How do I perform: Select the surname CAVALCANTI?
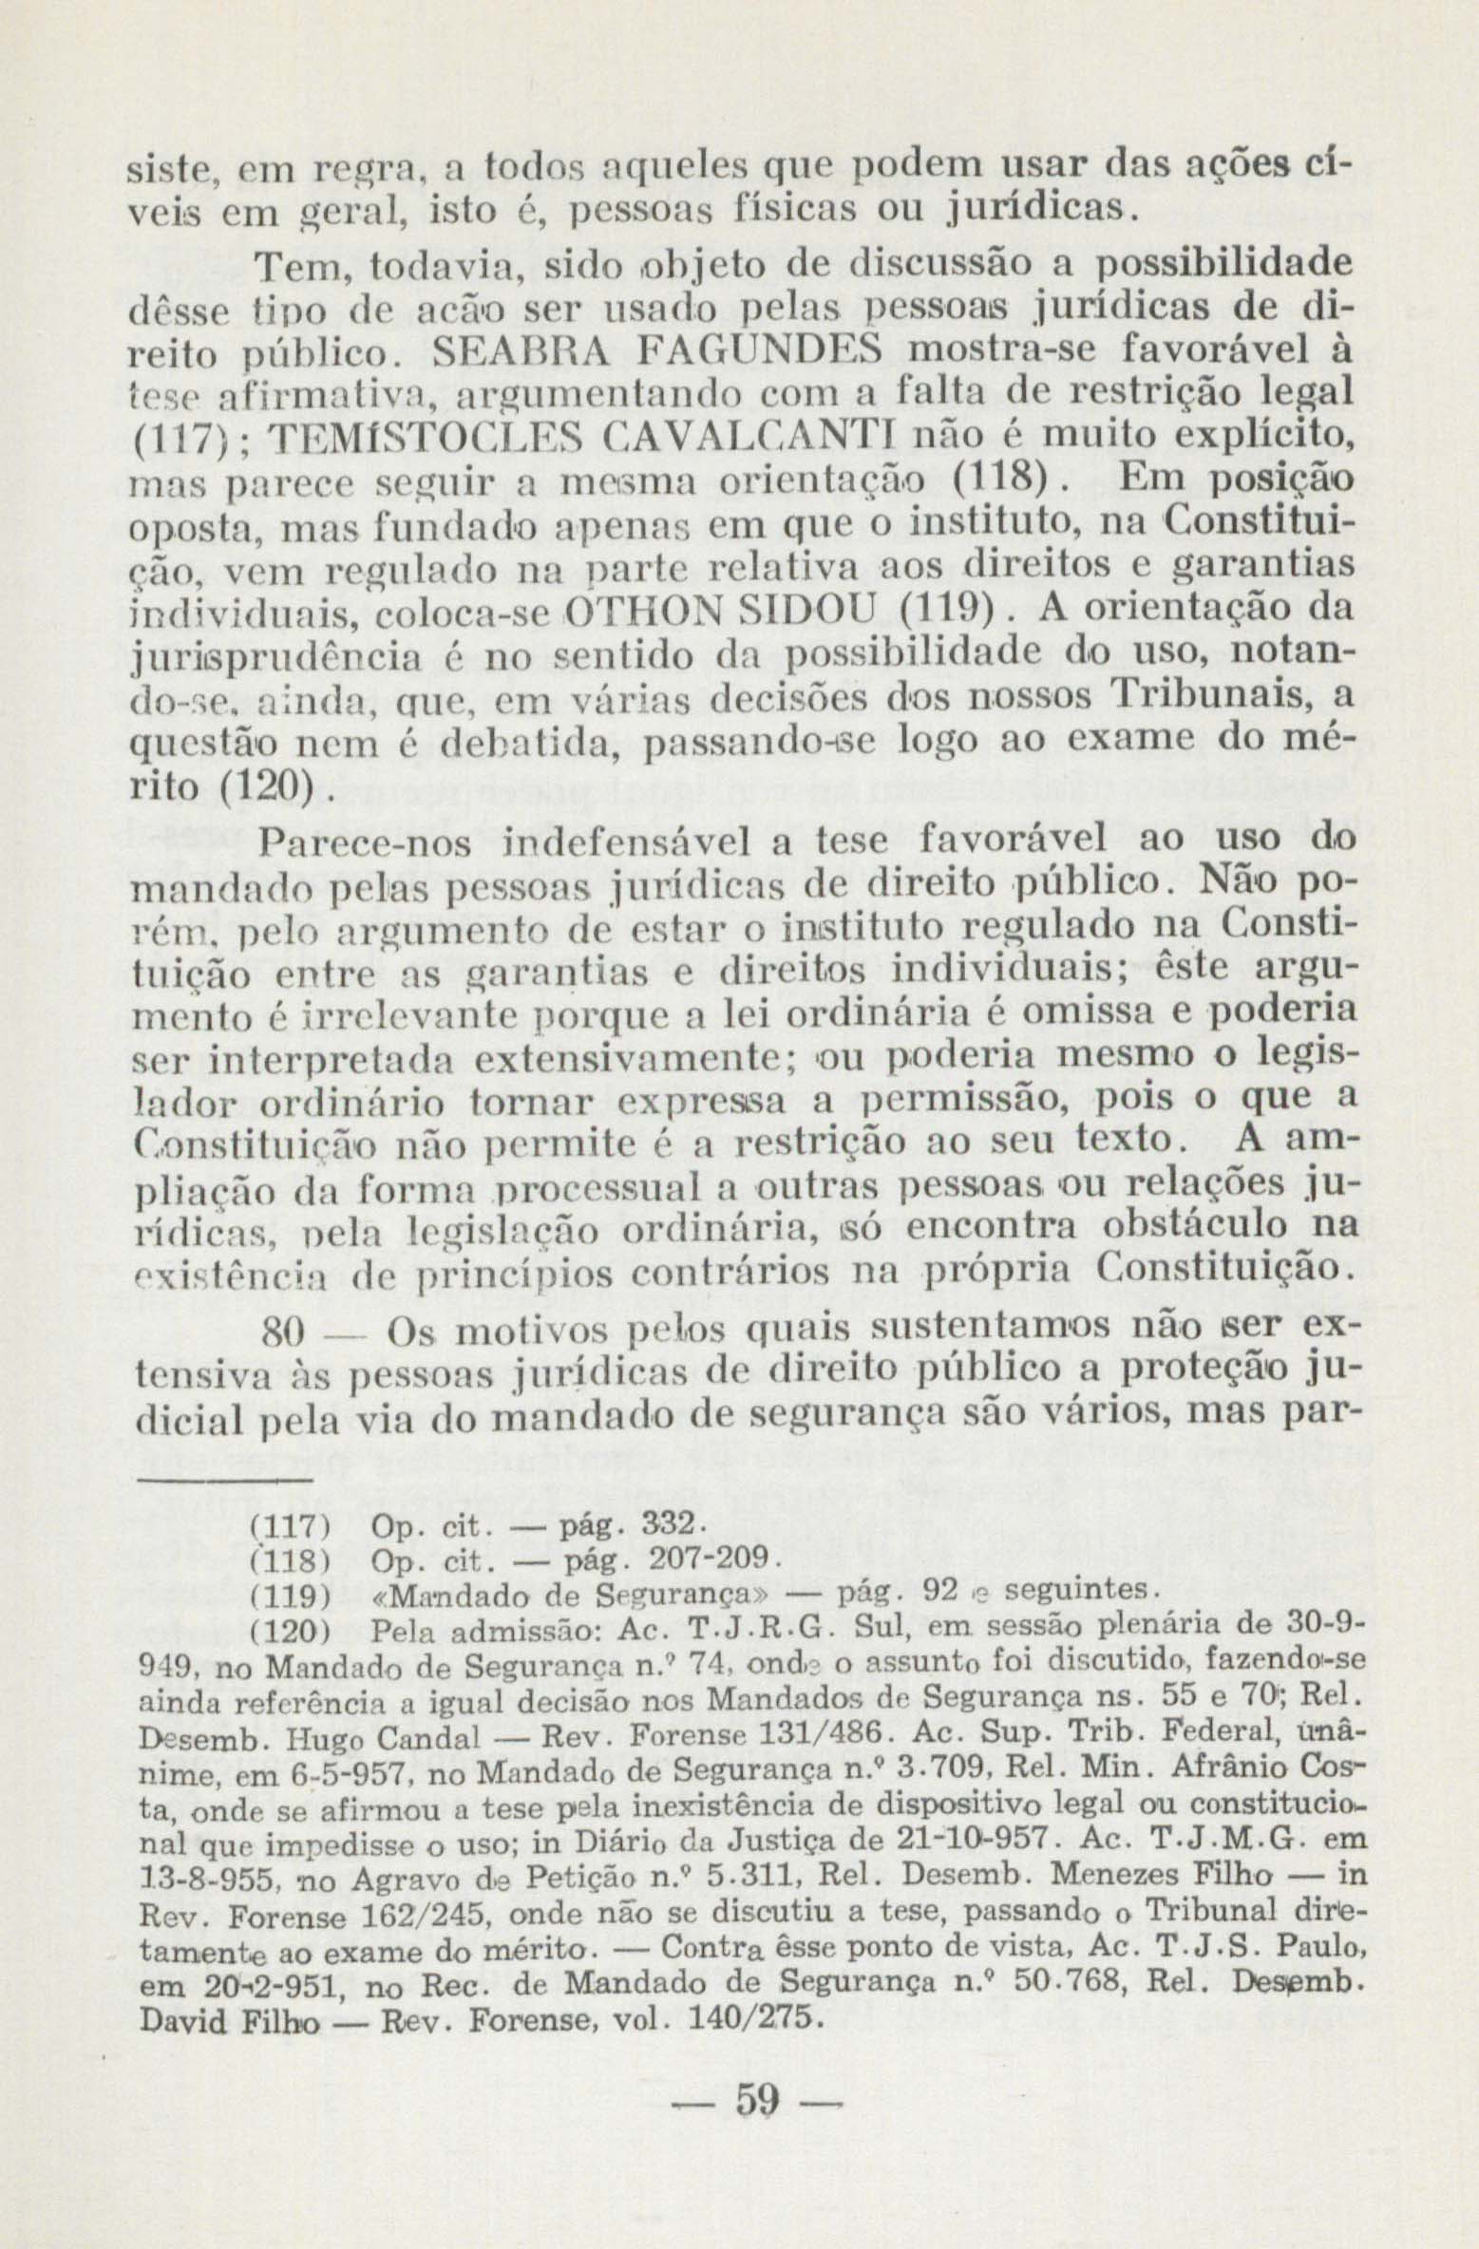click(748, 440)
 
